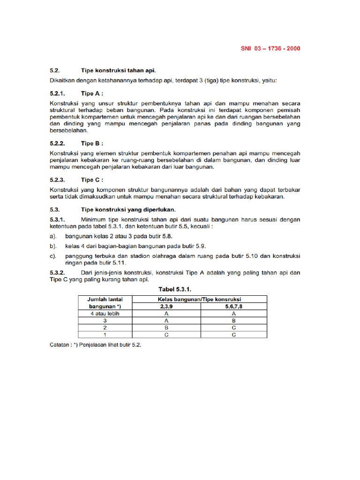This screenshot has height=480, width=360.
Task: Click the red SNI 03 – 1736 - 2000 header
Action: pos(271,48)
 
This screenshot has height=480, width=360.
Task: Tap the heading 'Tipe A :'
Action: pos(92,93)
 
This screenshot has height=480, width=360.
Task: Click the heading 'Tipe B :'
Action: pos(92,143)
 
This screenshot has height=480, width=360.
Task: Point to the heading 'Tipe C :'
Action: pos(92,180)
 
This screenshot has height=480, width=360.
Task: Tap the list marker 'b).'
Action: pos(53,246)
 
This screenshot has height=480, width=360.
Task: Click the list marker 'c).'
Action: pos(53,256)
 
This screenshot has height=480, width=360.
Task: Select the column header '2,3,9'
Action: pos(167,307)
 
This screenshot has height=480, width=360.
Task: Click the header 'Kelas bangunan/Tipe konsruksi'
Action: pos(200,299)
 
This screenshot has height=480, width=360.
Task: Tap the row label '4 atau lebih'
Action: pos(105,314)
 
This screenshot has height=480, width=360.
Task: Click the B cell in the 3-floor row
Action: pos(233,321)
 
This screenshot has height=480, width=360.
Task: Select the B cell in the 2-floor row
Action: pos(167,328)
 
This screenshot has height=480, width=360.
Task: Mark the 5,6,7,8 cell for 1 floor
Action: pos(233,335)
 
